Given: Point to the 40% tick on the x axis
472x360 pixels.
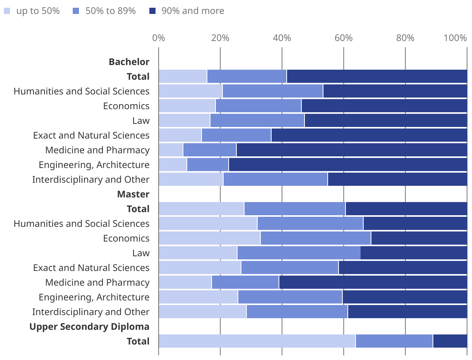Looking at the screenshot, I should (x=282, y=38).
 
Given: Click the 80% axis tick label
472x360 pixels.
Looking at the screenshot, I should (x=405, y=38).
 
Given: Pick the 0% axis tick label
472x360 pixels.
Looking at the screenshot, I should (x=159, y=38).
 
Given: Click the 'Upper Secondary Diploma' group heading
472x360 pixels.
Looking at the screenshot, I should (x=89, y=327).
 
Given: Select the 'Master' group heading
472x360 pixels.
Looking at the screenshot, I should (x=133, y=194).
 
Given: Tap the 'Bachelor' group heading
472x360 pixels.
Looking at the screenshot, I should (x=129, y=62).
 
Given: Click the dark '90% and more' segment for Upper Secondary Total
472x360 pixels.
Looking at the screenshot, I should (x=450, y=341).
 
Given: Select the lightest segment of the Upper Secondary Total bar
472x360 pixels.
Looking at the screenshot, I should (x=257, y=341).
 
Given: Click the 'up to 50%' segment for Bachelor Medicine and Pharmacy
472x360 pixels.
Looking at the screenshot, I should (x=171, y=150).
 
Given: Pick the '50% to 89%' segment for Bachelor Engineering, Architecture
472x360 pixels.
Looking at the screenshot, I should (x=208, y=165).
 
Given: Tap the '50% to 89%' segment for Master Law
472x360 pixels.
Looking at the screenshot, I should (x=299, y=253).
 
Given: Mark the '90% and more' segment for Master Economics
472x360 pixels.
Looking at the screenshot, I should (x=419, y=238).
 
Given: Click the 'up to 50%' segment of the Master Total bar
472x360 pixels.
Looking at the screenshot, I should (x=201, y=209).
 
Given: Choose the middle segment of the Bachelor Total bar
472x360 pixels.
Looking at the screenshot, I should (x=247, y=77).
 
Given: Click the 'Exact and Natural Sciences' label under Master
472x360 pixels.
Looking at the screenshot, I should (x=91, y=268).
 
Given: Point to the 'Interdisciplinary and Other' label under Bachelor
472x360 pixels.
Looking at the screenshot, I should (x=91, y=180).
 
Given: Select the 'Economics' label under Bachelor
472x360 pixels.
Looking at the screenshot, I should (x=126, y=106).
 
